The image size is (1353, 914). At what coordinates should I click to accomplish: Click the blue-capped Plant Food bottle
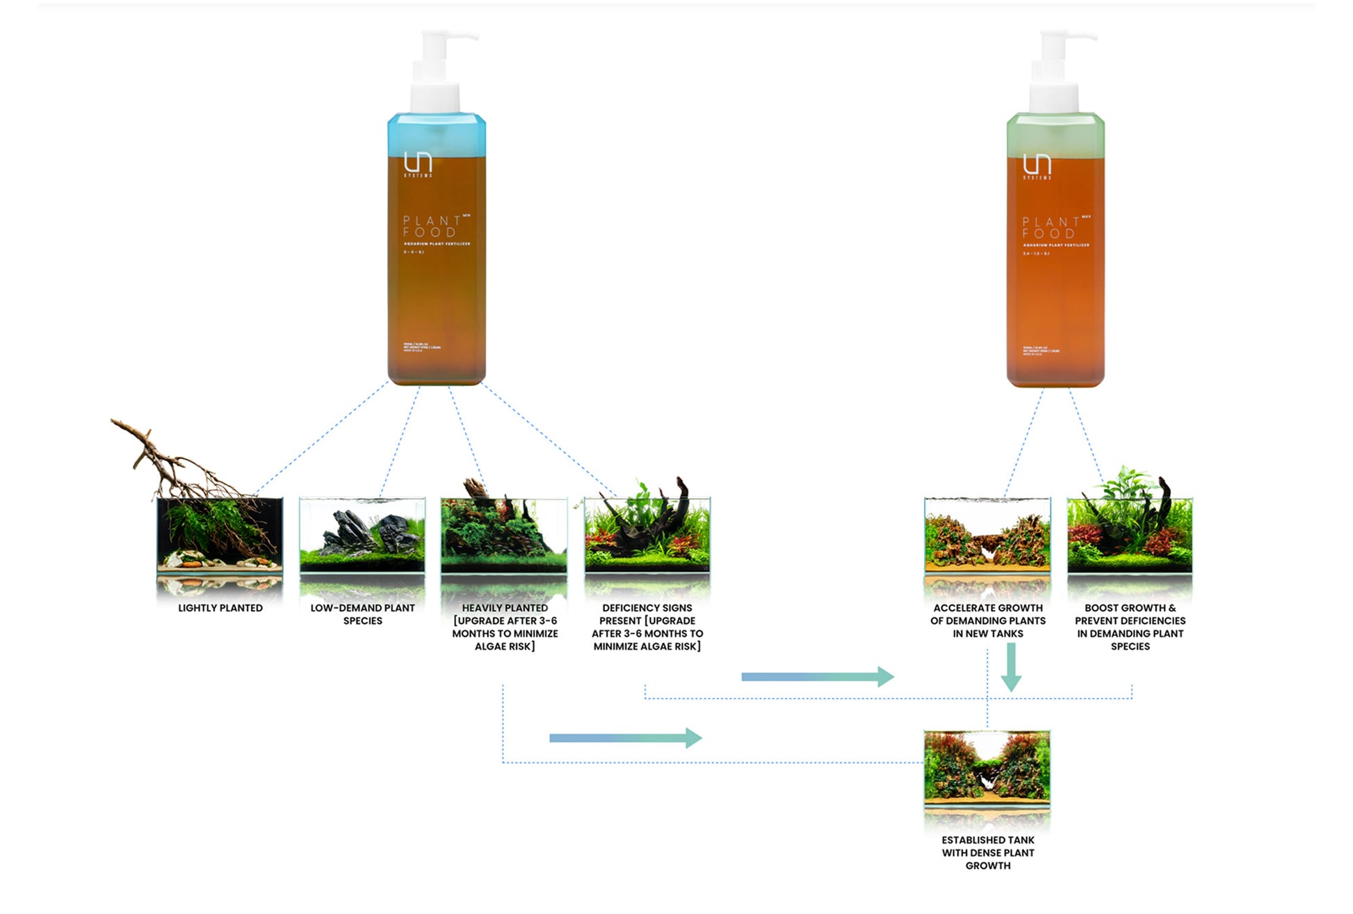point(437,264)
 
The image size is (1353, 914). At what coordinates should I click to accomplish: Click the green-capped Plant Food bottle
point(1055,264)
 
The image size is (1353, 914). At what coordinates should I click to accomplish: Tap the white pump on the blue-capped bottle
point(437,70)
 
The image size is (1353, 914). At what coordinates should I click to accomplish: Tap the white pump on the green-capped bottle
point(1055,70)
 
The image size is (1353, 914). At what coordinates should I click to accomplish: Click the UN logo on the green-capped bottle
point(1037,166)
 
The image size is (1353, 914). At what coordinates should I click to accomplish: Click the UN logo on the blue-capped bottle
point(418,164)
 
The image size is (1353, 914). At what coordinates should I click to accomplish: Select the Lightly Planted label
point(220,608)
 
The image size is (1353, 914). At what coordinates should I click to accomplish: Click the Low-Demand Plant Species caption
point(362,614)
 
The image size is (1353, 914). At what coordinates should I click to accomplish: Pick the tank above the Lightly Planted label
point(220,534)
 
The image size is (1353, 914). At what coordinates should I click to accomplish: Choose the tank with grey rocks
point(362,534)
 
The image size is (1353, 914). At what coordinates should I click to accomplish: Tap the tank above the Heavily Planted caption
point(504,534)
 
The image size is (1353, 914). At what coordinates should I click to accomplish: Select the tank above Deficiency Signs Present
point(647,534)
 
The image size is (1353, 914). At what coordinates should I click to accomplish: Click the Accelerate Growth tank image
point(987,534)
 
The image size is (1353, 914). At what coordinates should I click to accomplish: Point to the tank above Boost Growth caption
point(1130,534)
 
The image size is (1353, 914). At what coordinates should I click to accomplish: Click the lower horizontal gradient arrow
point(625,737)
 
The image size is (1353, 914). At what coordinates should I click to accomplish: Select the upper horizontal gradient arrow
point(818,676)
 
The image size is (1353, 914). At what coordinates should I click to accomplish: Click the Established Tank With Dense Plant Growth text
point(988,853)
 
